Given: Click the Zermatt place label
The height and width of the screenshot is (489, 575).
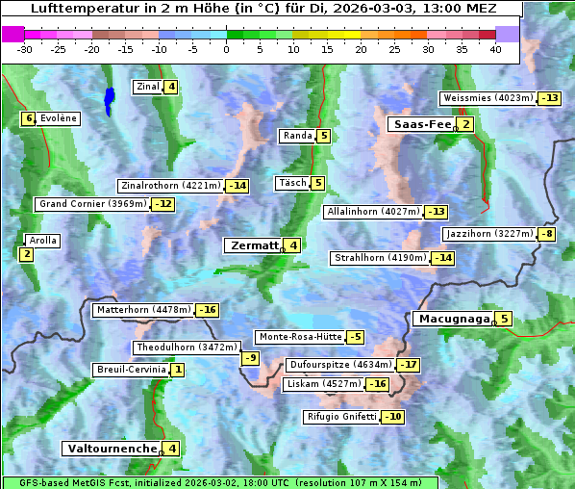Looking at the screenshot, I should tap(253, 245).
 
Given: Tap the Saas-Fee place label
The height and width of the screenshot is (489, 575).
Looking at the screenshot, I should tap(421, 124).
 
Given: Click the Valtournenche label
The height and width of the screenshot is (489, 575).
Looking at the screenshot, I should tap(111, 449).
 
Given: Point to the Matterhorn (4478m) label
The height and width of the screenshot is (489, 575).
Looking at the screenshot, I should tap(143, 310).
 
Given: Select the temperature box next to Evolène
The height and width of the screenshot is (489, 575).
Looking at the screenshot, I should tap(29, 118).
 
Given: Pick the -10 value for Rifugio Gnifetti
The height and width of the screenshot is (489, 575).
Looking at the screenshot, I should tap(393, 417).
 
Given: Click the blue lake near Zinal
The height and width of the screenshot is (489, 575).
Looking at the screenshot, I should tap(109, 99).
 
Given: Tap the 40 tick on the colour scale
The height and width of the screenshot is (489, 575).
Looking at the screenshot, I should tap(495, 49).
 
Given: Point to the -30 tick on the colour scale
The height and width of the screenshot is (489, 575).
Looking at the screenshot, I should tap(25, 49).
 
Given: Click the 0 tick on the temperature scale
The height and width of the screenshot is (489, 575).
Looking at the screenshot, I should tap(226, 49).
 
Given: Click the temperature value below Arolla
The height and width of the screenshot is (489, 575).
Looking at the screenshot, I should tap(26, 254).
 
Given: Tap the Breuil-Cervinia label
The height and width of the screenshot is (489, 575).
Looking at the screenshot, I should tap(131, 370).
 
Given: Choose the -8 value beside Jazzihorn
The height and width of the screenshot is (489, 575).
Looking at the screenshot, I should tap(547, 234).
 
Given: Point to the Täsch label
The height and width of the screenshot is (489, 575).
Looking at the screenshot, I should tap(291, 183).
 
